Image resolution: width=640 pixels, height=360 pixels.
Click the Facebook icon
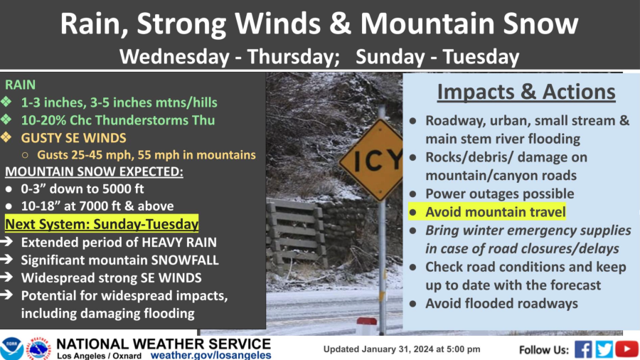[583, 350]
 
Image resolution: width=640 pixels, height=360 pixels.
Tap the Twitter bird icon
[604, 350]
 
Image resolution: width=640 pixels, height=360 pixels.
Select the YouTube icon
[626, 350]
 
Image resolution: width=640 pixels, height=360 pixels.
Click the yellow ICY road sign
[372, 160]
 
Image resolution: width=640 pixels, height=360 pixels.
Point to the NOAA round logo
[11, 349]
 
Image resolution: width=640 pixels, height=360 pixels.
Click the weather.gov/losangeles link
[210, 355]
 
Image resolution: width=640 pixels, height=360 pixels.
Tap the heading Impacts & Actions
[526, 92]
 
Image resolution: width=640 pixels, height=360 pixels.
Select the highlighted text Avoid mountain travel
[495, 212]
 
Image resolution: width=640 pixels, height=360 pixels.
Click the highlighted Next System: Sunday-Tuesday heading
[102, 224]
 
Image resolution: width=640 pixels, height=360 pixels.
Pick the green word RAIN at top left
[20, 85]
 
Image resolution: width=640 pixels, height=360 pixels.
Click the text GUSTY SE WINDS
[73, 138]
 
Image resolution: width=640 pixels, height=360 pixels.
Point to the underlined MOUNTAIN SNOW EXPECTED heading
[94, 172]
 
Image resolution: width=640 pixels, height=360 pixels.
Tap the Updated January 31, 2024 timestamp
[402, 349]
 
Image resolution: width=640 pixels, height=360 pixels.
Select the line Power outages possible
[500, 194]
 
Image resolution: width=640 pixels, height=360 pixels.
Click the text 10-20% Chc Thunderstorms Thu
[118, 120]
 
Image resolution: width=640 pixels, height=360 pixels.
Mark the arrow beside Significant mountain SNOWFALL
[6, 260]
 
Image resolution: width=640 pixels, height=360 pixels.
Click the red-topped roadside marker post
[366, 326]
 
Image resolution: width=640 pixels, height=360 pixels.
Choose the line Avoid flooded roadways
[501, 303]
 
